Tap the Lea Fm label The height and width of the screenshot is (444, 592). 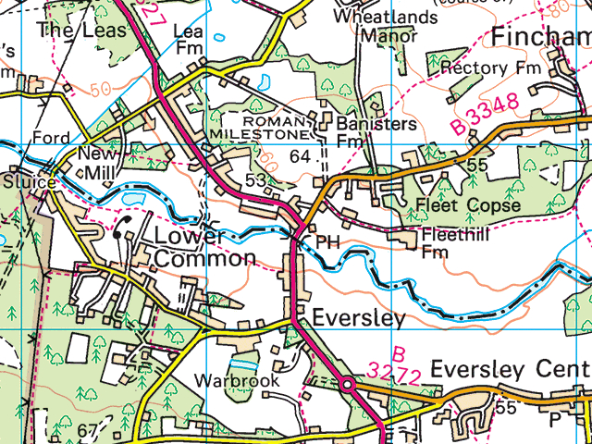click(x=189, y=39)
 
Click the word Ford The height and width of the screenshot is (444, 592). click(x=50, y=138)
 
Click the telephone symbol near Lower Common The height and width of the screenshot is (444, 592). click(x=120, y=229)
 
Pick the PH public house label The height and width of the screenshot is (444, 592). click(x=327, y=240)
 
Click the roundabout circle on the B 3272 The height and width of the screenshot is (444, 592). click(x=347, y=383)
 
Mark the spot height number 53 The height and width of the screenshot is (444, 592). click(x=256, y=179)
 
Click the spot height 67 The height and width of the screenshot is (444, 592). click(x=88, y=431)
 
